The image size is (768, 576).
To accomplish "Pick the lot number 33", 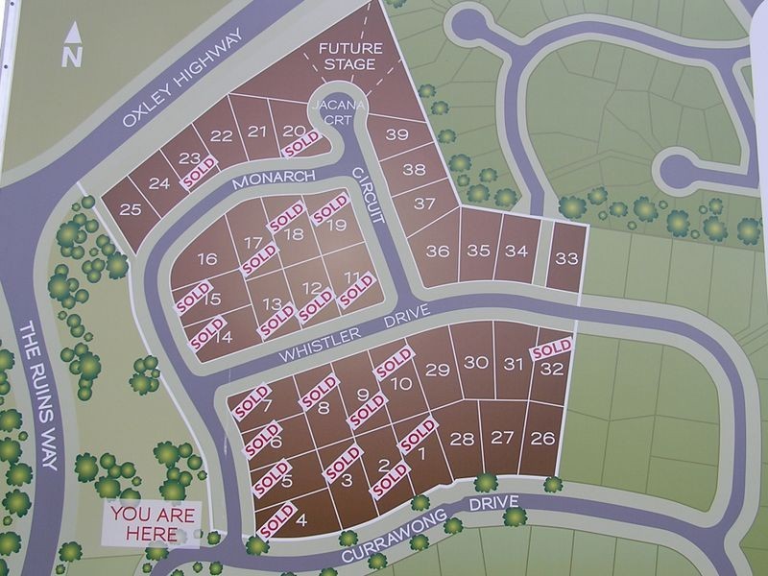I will tap(566, 257).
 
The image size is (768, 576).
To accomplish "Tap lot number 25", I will tap(131, 210).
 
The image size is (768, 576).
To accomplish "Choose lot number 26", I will tap(542, 438).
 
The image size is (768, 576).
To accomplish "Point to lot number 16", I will tap(207, 259).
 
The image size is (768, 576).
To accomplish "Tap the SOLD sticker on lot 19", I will tap(328, 208).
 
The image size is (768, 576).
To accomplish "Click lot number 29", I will tap(438, 370).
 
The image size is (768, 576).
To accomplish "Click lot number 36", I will tap(438, 252).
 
